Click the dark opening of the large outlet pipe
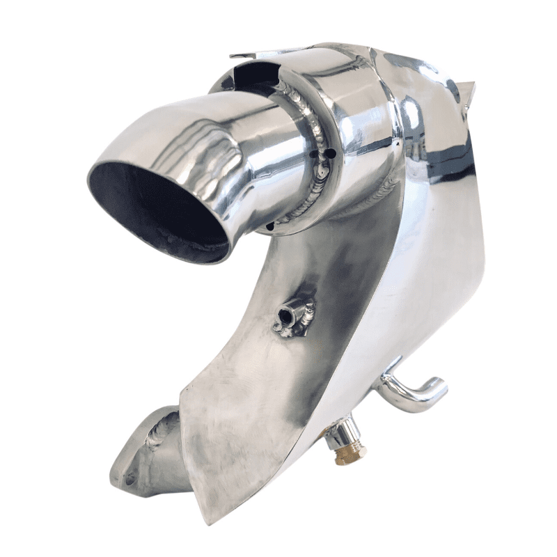[x=157, y=209]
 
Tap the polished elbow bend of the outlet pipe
[x=209, y=139]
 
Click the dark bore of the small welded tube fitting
[x=283, y=318]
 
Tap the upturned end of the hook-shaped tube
[x=439, y=385]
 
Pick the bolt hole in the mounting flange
[x=130, y=481]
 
